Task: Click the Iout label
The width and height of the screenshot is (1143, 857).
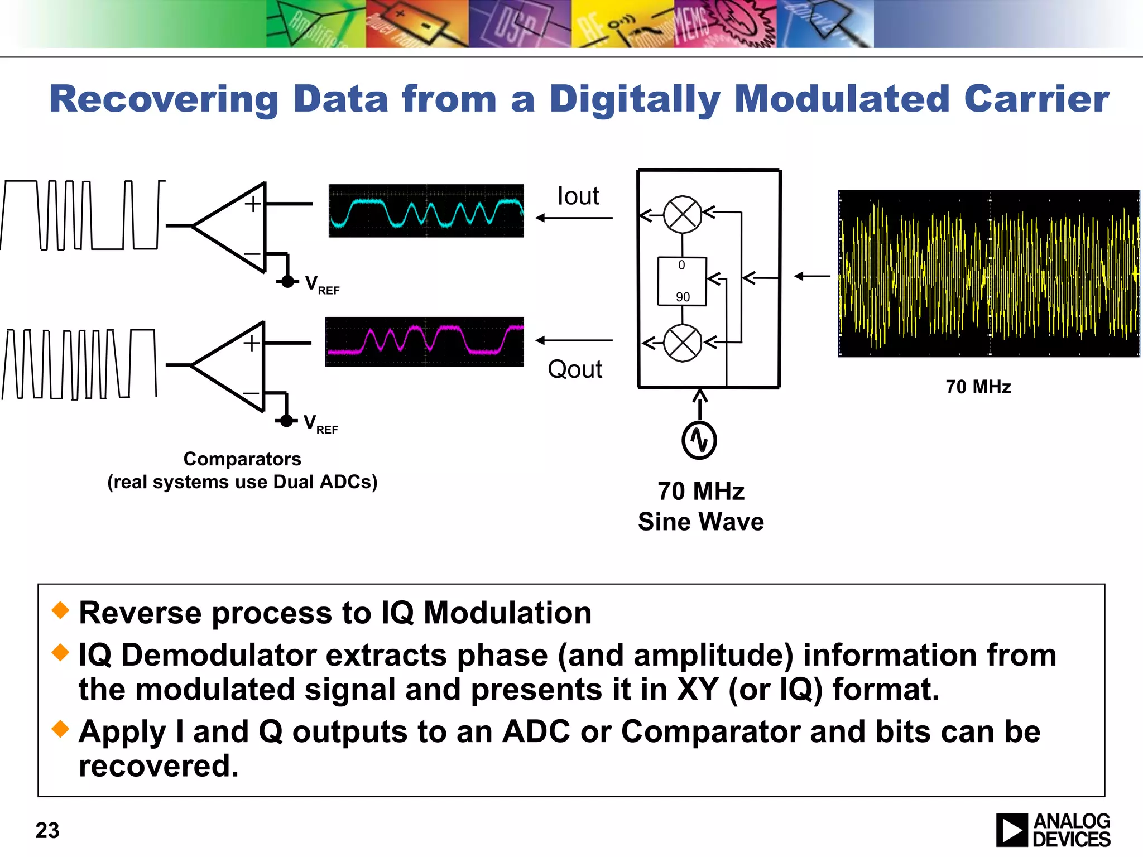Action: (x=578, y=196)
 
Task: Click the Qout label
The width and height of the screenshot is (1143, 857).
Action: (x=575, y=369)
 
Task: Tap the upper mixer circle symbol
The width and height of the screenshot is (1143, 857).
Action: (x=682, y=214)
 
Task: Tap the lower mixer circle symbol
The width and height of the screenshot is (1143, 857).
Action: (x=682, y=343)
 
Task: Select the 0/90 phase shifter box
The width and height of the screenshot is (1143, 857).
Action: (x=682, y=281)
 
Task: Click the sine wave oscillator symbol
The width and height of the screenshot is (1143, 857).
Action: (x=699, y=440)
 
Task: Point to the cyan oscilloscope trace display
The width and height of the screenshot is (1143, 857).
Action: (x=426, y=211)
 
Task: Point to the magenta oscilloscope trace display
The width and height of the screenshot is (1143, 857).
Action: (x=424, y=341)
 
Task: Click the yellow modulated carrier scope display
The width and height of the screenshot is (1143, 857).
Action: (x=988, y=273)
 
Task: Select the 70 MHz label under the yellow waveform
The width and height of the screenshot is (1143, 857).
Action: (x=978, y=387)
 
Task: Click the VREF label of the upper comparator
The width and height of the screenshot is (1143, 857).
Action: (x=322, y=285)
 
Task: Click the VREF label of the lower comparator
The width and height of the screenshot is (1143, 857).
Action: (x=320, y=424)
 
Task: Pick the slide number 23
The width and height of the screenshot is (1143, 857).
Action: (x=47, y=830)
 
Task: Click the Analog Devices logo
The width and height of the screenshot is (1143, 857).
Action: (x=1053, y=830)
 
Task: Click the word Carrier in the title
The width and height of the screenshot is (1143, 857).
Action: (x=1036, y=99)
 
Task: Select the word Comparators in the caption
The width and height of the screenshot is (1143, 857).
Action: (x=242, y=459)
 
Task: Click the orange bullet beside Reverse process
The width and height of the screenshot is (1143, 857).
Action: (x=60, y=610)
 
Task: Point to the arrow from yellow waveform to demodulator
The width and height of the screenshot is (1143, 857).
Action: (x=812, y=276)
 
